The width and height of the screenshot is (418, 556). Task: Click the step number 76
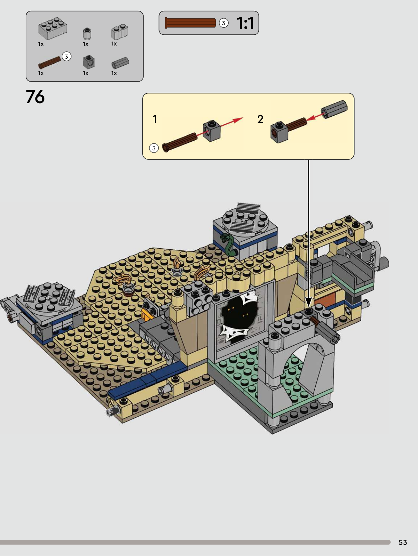coord(35,97)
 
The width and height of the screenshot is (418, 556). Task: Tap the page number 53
coord(403,542)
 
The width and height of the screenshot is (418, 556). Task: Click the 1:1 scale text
coord(245,23)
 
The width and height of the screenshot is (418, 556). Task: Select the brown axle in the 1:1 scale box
coord(190,23)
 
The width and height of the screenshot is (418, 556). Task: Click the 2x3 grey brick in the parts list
coord(52,28)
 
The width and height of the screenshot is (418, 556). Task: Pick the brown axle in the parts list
coord(50,63)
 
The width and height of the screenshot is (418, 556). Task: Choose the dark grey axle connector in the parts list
coord(120,63)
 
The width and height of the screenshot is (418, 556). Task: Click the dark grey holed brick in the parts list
coord(88,62)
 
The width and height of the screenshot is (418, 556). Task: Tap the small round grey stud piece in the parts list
coord(87,34)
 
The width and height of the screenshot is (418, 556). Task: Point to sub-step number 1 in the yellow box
coord(155,119)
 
